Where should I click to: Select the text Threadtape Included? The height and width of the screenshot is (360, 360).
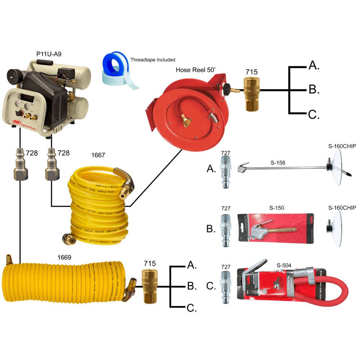[153, 60]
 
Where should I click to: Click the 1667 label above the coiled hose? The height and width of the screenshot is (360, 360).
[98, 155]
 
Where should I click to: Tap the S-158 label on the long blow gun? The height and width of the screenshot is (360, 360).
[278, 162]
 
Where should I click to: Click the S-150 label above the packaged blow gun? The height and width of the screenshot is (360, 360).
[276, 208]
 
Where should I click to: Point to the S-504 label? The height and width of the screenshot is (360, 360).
[284, 266]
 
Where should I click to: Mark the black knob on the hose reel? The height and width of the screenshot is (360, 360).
[227, 89]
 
